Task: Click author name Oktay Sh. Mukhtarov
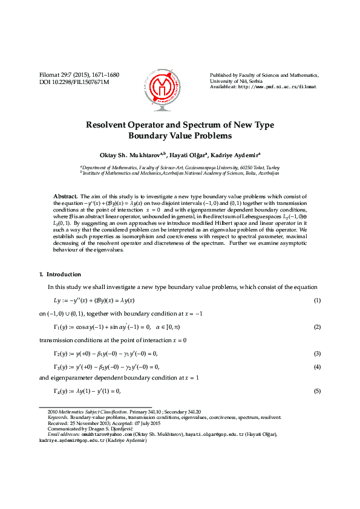[128, 155]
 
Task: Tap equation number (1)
[316, 300]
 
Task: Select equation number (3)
[316, 353]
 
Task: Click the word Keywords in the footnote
[57, 417]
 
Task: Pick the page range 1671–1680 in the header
[105, 75]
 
